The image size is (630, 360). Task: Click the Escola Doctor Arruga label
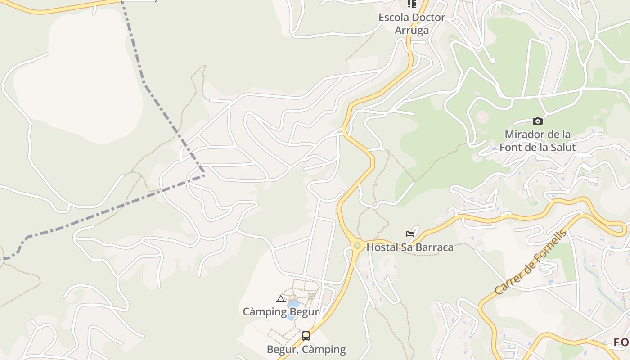click(x=411, y=24)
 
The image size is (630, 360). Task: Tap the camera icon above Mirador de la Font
click(x=537, y=121)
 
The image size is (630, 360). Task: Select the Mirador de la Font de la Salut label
click(x=537, y=141)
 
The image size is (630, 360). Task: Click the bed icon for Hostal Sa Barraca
click(x=409, y=234)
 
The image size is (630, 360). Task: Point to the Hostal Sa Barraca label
click(x=409, y=247)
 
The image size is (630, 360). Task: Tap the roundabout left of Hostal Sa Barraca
click(x=357, y=245)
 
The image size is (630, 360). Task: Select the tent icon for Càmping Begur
click(x=281, y=299)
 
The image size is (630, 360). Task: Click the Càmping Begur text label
click(x=281, y=311)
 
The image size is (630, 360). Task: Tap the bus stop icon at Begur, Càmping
click(x=306, y=336)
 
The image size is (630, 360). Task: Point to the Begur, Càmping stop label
click(x=306, y=349)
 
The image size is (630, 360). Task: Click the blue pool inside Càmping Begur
click(x=293, y=306)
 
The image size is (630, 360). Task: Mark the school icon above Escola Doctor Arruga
click(x=411, y=4)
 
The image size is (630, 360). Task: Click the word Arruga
click(x=411, y=31)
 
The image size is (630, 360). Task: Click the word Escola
click(x=394, y=18)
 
